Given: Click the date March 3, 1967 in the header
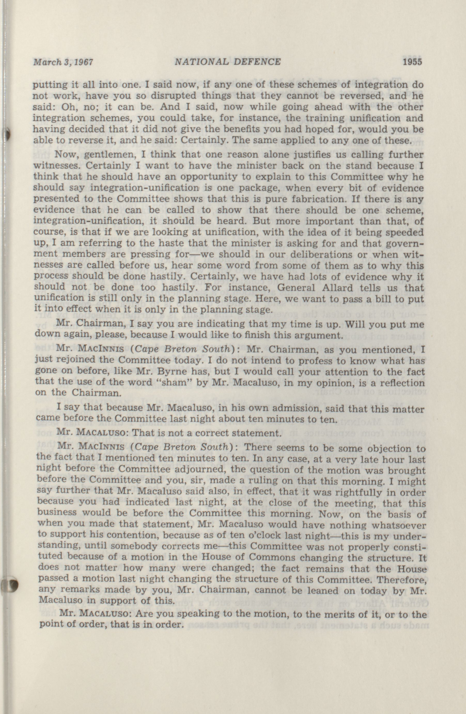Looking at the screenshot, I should click(x=63, y=62).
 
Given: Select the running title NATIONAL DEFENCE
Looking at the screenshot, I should click(x=228, y=62).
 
